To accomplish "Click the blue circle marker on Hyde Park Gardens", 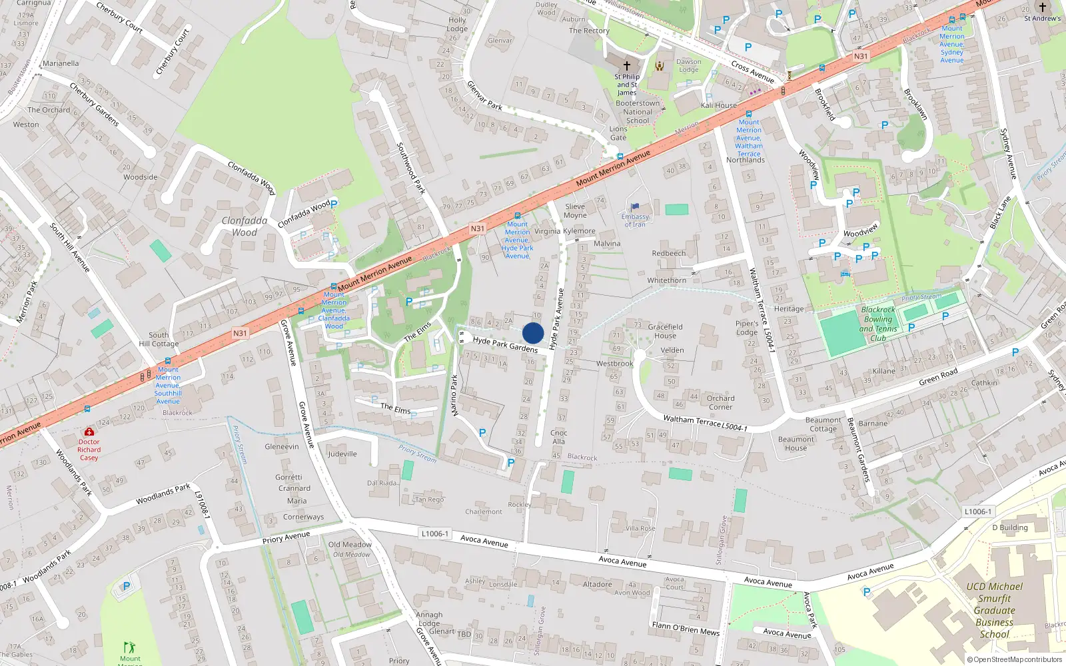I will [x=533, y=333].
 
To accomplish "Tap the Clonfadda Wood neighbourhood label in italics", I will [x=245, y=226].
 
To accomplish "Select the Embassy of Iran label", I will [x=635, y=220].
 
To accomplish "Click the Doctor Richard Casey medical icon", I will [x=89, y=432].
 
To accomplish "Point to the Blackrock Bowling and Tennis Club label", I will [x=878, y=324].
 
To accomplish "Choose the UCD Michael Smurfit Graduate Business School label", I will [x=994, y=610].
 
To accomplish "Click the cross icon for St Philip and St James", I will [x=626, y=66].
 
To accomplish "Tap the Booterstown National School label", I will [x=638, y=112].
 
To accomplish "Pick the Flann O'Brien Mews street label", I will [x=686, y=628].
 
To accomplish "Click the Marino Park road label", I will [x=455, y=396].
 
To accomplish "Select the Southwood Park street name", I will [x=410, y=168].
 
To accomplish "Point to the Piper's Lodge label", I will [x=747, y=328].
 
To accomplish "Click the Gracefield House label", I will [x=665, y=331].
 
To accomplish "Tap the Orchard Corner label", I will [x=721, y=402].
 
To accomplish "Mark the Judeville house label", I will [x=342, y=454].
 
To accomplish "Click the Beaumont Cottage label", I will [x=823, y=424].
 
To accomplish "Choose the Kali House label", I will [x=719, y=105].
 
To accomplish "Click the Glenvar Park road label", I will [x=484, y=95].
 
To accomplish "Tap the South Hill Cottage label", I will [x=159, y=340].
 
